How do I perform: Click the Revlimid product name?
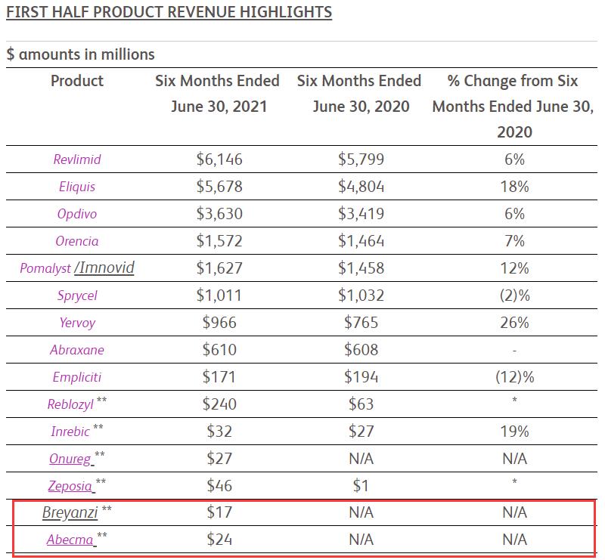pos(76,159)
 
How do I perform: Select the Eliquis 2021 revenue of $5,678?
pos(219,187)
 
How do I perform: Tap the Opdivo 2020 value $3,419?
pos(361,214)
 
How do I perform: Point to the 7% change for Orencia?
pos(513,241)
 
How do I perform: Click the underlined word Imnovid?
pos(107,268)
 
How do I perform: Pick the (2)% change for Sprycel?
pos(513,295)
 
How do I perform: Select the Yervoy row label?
pos(76,323)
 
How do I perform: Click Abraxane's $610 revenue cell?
pos(219,350)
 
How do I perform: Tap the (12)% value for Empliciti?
pos(513,377)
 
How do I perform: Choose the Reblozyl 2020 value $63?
pos(361,404)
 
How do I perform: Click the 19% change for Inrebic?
pos(513,432)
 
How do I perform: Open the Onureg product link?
pos(70,459)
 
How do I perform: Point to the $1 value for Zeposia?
pos(361,486)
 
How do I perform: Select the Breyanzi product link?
pos(70,513)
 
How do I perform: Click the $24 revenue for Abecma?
pos(219,540)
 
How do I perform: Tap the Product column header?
pos(76,81)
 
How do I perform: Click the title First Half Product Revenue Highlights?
pos(169,13)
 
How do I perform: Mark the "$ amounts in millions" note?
pos(81,54)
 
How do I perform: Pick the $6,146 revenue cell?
pos(219,159)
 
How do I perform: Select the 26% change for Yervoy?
pos(513,323)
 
